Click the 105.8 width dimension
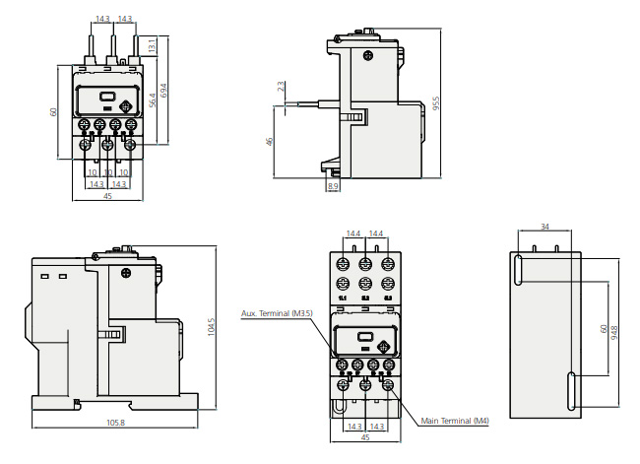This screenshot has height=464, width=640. click(116, 423)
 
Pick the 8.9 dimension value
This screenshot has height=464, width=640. click(333, 186)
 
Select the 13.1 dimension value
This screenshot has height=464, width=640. click(152, 46)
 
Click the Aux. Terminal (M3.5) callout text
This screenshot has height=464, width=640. click(277, 314)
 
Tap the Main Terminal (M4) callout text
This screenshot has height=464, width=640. click(455, 421)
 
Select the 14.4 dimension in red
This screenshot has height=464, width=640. click(375, 233)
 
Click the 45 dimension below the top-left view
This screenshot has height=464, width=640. click(107, 195)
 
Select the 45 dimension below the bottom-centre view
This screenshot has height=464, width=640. click(365, 438)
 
